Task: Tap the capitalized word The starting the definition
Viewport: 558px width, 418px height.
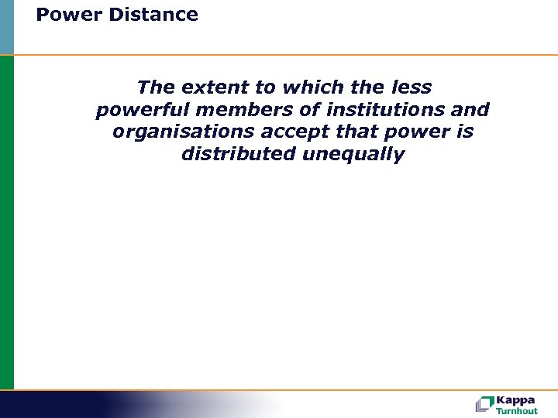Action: click(156, 87)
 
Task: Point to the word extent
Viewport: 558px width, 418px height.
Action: click(213, 87)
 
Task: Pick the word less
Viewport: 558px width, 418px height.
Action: click(407, 87)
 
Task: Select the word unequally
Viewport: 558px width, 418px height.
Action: click(353, 155)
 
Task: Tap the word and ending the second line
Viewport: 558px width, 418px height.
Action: click(470, 110)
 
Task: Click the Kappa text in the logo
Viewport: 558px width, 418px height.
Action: click(517, 400)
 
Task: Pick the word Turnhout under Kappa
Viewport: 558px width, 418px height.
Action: click(517, 411)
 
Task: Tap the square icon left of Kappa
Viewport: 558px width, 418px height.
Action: click(484, 403)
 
